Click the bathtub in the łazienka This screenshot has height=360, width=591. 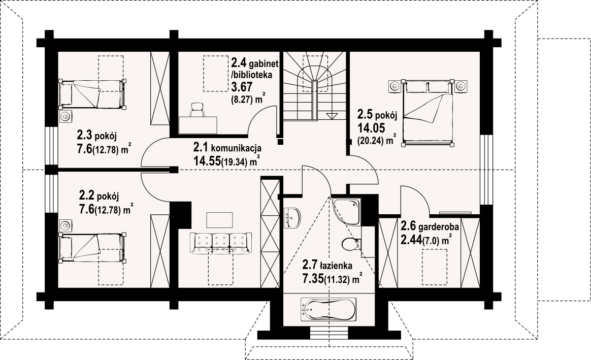tap(329, 309)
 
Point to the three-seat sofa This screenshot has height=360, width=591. tap(220, 244)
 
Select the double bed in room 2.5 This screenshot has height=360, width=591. tap(428, 113)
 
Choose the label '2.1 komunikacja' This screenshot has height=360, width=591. tap(227, 147)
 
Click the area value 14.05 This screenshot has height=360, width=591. tap(371, 128)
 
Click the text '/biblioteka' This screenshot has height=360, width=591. tap(251, 75)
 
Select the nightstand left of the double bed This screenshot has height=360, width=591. tap(394, 86)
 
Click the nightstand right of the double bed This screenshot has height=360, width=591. tap(460, 86)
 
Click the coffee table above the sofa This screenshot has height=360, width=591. tap(220, 220)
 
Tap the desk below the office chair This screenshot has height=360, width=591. tap(198, 125)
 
